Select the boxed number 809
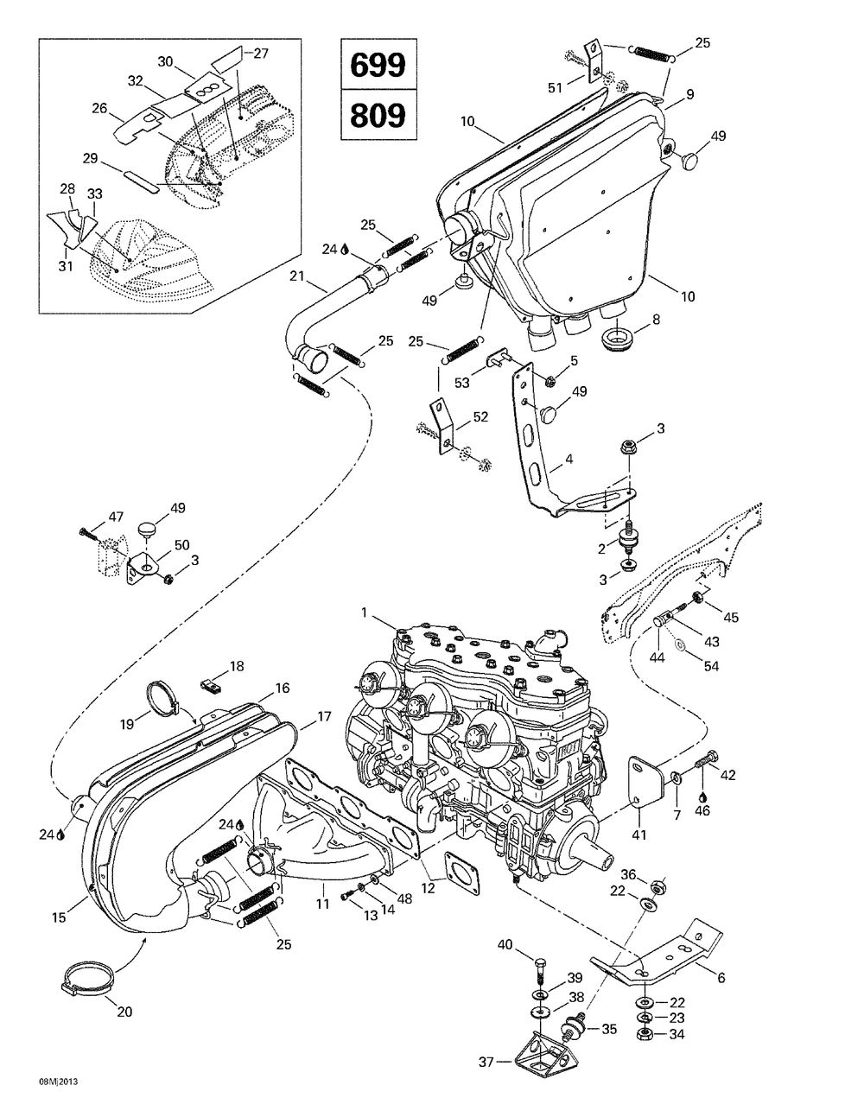pos(378,114)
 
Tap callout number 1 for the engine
pos(365,612)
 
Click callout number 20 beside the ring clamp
pos(124,1012)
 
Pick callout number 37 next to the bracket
pos(486,1060)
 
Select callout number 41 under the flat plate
pos(640,835)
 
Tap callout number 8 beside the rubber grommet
pos(657,320)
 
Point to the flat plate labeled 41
pos(643,784)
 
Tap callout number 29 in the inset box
pos(115,159)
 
